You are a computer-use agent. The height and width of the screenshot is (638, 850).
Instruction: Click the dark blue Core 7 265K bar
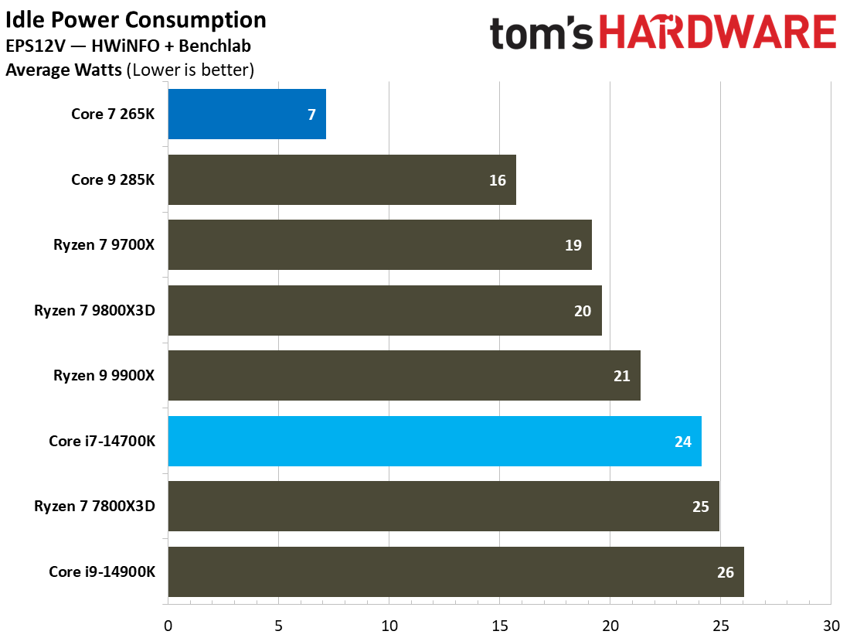[246, 114]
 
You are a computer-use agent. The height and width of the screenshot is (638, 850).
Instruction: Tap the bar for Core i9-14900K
[455, 572]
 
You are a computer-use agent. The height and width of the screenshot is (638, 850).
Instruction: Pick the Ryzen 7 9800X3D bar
[384, 311]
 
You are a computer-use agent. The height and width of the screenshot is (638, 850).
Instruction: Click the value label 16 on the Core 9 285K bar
[497, 180]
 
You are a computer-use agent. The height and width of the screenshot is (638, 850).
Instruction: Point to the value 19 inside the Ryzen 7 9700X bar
[573, 246]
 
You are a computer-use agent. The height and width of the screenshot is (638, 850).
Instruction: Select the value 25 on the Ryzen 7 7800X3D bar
[700, 507]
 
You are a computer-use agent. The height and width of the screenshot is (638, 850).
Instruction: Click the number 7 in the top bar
[311, 115]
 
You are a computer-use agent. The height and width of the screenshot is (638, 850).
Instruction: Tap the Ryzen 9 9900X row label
[104, 376]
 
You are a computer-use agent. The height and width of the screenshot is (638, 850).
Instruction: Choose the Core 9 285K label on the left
[113, 180]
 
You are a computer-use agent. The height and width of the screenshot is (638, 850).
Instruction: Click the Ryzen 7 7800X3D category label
[94, 507]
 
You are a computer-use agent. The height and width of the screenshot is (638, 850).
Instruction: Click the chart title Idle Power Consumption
[136, 20]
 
